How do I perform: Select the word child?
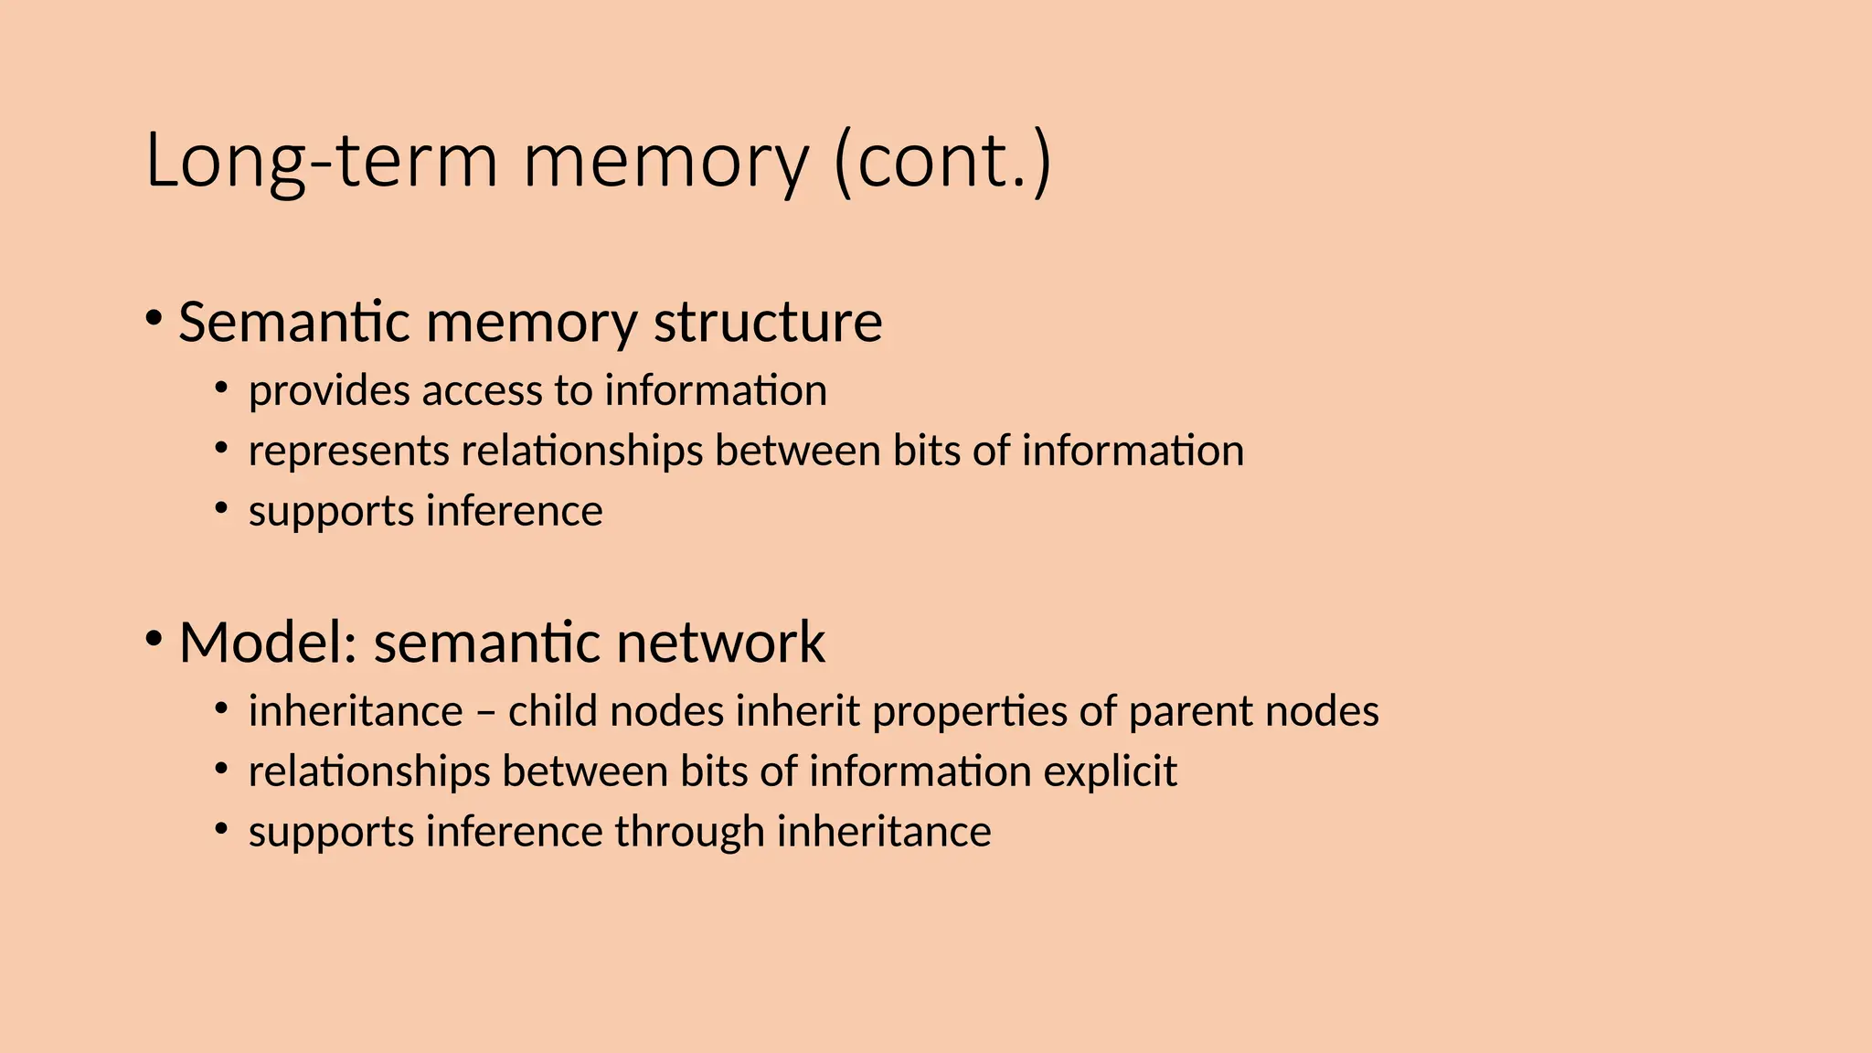(x=553, y=711)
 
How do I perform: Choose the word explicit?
(x=1110, y=772)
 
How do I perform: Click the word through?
(x=689, y=833)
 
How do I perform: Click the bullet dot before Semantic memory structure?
(x=154, y=319)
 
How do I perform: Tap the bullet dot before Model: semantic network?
(x=154, y=639)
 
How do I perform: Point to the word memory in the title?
(x=665, y=161)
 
